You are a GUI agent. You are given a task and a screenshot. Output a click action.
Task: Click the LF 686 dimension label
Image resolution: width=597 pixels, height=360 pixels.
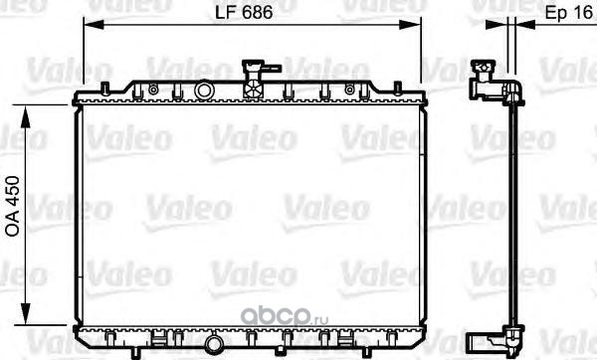coord(244,12)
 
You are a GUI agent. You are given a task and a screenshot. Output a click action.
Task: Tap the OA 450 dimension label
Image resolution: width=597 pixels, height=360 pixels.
coord(13,207)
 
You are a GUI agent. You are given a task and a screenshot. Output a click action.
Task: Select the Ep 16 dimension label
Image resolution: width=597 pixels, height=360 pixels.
coord(568,13)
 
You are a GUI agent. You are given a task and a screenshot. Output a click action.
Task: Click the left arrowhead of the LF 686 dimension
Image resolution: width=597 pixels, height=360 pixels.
coord(94,25)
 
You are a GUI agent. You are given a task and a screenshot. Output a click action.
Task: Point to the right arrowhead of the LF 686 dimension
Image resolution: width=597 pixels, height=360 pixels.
coord(410,25)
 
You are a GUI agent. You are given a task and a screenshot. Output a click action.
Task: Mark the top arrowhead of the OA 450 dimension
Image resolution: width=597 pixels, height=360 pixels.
coord(26,116)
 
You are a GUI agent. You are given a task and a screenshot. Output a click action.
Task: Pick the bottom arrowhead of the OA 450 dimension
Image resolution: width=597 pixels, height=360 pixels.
coord(26,314)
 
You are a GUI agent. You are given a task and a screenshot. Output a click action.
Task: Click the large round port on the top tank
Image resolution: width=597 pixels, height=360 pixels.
coord(204,90)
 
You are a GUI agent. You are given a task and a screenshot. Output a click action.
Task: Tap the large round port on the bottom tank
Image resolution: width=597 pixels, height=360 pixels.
coord(214,345)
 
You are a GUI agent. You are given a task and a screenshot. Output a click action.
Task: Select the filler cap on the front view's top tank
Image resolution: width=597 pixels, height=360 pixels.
coord(254,80)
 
